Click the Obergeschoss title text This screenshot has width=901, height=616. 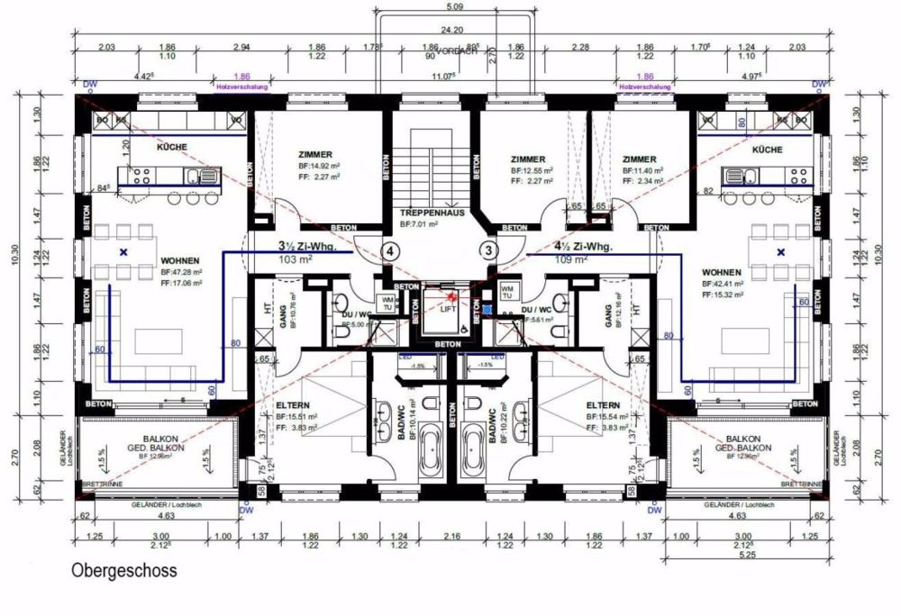(x=124, y=571)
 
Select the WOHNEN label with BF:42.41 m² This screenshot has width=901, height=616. (x=721, y=271)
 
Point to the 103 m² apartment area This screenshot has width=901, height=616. (x=297, y=259)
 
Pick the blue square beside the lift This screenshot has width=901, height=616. (x=487, y=311)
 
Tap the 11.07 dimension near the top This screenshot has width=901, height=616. (x=444, y=77)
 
